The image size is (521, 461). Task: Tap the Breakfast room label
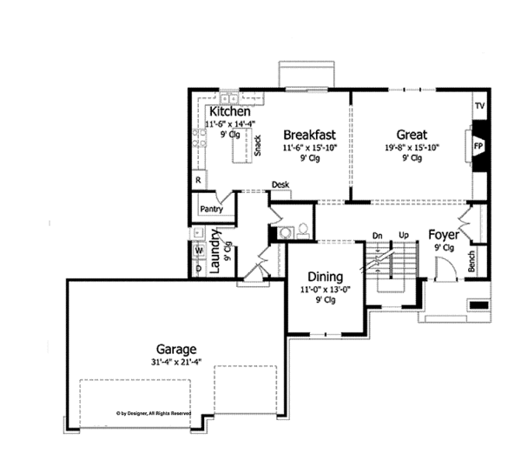(309, 135)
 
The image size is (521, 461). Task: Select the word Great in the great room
(412, 135)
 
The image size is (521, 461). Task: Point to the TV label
(478, 106)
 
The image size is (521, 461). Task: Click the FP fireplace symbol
(478, 146)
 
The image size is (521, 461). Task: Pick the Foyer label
(443, 235)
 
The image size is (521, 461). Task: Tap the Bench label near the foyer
(472, 263)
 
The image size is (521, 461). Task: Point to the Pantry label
(211, 209)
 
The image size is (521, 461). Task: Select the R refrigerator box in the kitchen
(198, 180)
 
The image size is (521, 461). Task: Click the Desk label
(280, 185)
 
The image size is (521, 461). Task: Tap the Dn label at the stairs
(378, 236)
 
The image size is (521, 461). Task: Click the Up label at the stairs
(403, 236)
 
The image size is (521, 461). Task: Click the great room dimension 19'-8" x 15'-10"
(412, 148)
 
